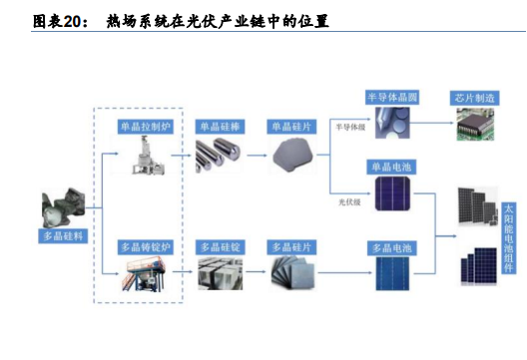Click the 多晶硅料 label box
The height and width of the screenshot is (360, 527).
click(63, 235)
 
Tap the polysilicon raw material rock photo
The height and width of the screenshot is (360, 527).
click(63, 207)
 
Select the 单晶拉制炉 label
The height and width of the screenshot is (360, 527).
click(145, 127)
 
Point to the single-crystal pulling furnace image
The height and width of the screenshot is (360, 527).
click(148, 155)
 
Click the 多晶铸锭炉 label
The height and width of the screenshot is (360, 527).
click(145, 247)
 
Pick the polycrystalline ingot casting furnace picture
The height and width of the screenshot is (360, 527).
click(144, 273)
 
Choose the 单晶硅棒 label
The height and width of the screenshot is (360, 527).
click(220, 127)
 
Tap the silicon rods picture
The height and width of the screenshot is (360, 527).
click(218, 156)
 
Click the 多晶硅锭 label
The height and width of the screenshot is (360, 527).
click(221, 247)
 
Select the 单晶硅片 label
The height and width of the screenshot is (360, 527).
click(291, 127)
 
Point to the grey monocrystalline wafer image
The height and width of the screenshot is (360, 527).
click(292, 155)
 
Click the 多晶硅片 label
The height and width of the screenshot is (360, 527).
click(291, 247)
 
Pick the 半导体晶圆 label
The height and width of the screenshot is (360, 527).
click(392, 98)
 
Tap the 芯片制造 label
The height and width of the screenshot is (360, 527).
click(474, 98)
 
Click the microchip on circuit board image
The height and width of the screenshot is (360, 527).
click(475, 124)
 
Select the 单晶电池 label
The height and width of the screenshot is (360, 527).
click(391, 167)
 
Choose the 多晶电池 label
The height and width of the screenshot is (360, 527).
click(392, 248)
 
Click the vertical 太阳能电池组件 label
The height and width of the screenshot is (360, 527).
click(508, 237)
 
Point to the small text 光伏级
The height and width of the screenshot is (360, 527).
click(349, 201)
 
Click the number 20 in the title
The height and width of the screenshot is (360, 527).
click(72, 22)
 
